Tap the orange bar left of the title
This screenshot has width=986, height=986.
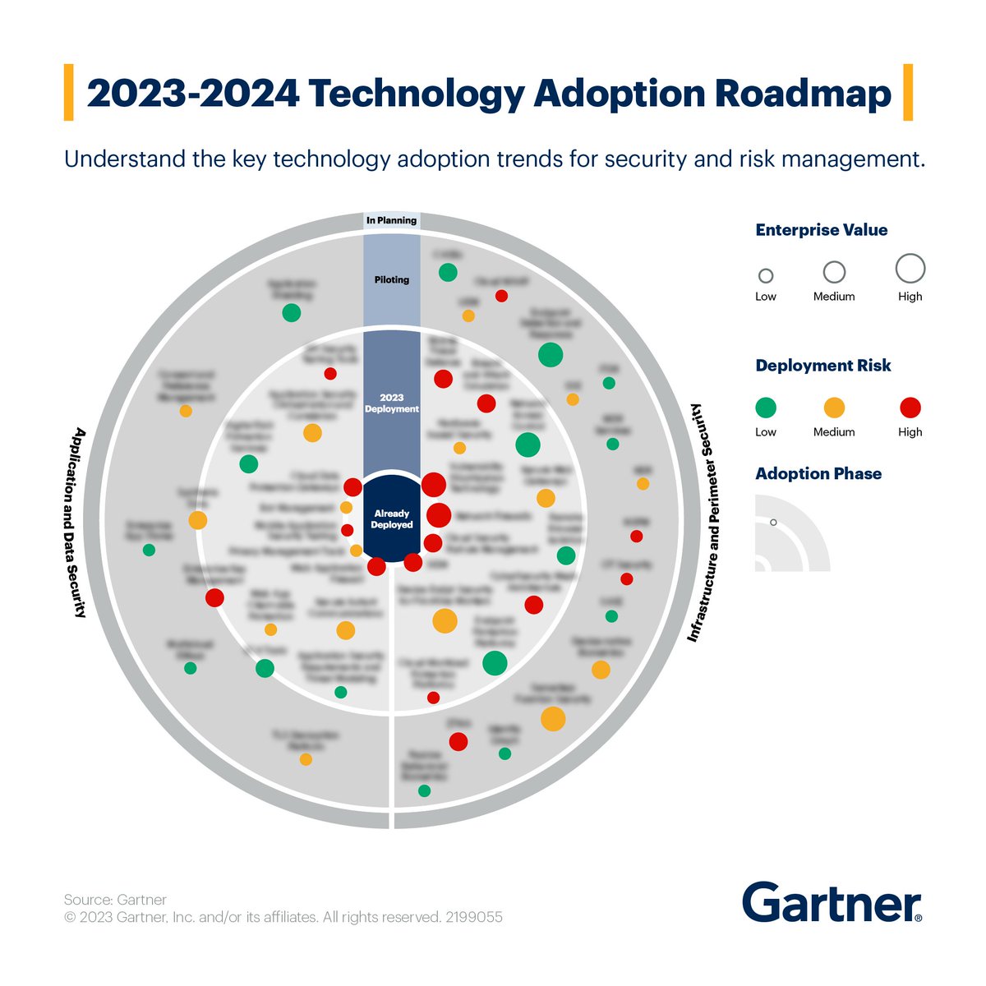coord(68,93)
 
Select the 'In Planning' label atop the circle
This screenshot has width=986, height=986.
coord(392,220)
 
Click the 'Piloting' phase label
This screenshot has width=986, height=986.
coord(392,279)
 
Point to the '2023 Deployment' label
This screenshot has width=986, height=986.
coord(392,403)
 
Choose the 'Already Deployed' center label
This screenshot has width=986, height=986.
coord(392,519)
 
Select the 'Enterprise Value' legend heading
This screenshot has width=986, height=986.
coord(821,230)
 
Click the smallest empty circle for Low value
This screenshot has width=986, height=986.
coord(766,276)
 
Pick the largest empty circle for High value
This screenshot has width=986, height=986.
coord(910,268)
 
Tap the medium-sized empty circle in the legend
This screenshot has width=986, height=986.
coord(834,272)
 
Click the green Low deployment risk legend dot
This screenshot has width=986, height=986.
coord(766,408)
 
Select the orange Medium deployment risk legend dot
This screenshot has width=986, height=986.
coord(834,408)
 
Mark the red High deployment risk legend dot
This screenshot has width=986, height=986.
coord(910,408)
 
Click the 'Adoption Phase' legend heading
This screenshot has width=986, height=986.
coord(818,474)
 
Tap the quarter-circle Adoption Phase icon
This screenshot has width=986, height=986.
coord(790,534)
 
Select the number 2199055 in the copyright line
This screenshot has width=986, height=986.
coord(474,917)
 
